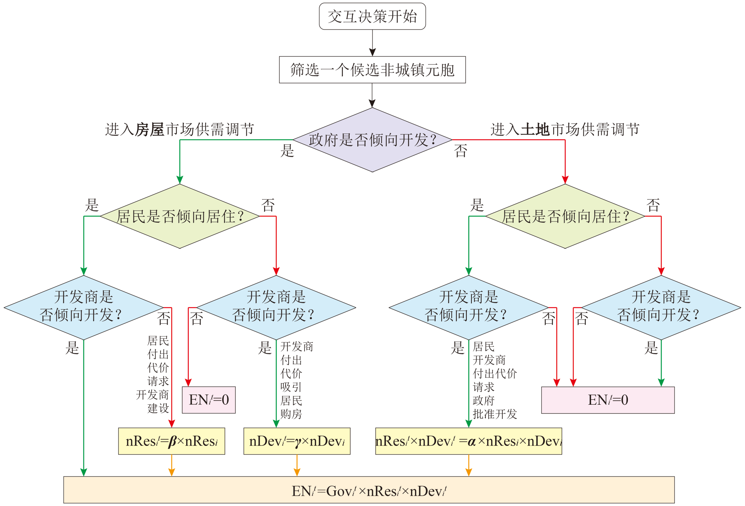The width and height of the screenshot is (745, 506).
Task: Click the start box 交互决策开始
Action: (372, 16)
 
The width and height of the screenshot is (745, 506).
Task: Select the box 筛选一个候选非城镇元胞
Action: (372, 70)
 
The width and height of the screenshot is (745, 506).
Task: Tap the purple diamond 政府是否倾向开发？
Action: (372, 140)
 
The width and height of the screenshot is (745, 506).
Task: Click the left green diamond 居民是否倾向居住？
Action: (180, 216)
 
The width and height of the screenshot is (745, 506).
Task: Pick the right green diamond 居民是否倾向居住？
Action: (565, 216)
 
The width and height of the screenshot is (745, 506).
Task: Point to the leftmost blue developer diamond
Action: (84, 307)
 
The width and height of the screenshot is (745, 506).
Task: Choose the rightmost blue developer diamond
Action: (661, 307)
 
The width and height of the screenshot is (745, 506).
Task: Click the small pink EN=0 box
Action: (209, 400)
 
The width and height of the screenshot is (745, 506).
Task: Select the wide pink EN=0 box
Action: (608, 400)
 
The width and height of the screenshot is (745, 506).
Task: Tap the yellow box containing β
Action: (171, 441)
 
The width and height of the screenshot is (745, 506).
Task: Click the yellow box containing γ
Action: (297, 441)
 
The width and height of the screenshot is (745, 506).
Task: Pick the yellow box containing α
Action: (469, 441)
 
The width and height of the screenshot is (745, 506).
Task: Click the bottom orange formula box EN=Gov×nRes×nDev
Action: (369, 490)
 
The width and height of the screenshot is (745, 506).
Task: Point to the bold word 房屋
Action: (150, 129)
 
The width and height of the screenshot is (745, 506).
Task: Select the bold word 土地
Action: (535, 129)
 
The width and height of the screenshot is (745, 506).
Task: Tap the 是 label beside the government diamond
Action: (287, 151)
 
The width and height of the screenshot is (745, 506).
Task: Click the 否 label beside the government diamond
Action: (461, 151)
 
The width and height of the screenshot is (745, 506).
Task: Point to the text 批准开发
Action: (495, 414)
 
